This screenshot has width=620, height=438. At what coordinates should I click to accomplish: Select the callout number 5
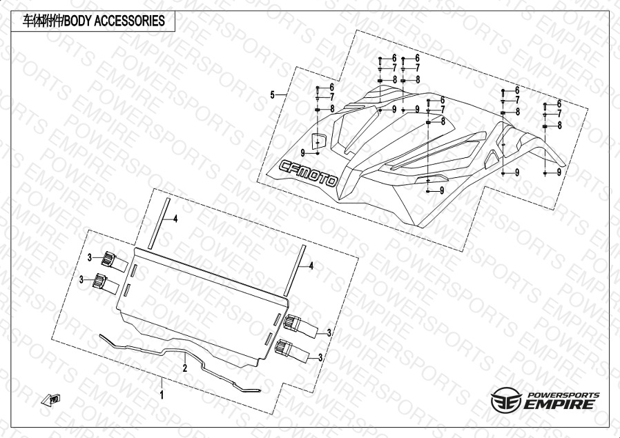(273, 94)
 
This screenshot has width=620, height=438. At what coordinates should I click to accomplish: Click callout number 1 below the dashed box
(162, 395)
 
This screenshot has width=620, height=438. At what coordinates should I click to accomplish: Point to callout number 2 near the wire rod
(185, 368)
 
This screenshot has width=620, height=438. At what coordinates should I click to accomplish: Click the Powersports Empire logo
(545, 401)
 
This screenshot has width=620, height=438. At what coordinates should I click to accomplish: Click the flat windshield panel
(200, 303)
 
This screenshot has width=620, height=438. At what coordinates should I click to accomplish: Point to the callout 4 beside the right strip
(311, 265)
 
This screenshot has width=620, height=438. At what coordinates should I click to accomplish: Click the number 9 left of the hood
(302, 152)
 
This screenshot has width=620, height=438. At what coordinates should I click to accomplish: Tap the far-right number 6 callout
(559, 104)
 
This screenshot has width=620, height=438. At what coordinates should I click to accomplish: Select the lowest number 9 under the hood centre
(441, 190)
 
